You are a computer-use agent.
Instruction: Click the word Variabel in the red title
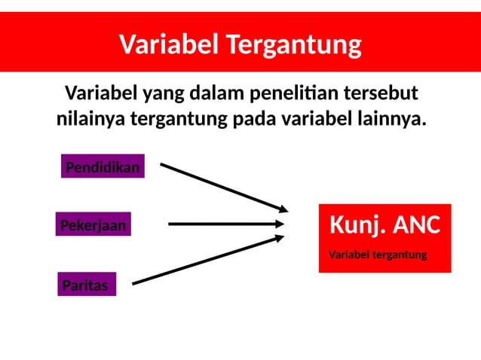tap(160, 45)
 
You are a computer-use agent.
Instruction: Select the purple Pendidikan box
tap(103, 167)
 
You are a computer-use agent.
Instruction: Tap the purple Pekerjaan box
tap(93, 224)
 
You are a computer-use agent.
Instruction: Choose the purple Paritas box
tap(87, 285)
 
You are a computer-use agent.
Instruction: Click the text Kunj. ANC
tap(384, 224)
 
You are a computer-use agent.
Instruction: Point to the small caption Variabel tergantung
tap(378, 255)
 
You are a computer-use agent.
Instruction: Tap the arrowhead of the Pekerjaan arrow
tap(279, 224)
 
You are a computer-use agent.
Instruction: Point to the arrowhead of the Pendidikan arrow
tap(283, 208)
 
